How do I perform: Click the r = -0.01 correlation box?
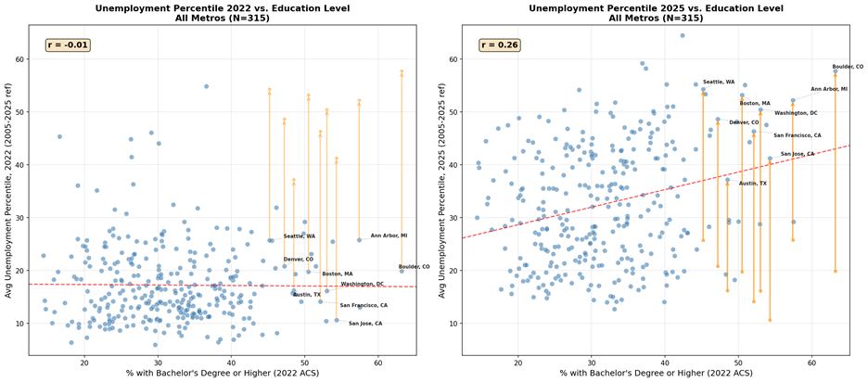(68, 45)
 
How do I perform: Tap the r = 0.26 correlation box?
(500, 45)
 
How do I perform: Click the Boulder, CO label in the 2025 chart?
(848, 67)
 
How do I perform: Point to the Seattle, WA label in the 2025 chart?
(719, 82)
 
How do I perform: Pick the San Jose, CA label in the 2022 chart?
(365, 324)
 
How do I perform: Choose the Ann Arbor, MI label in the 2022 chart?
(389, 236)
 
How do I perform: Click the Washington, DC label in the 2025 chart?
(796, 113)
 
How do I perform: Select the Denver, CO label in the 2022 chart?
(299, 259)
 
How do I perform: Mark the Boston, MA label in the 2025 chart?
(755, 104)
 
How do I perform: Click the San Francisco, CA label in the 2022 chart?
(364, 306)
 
